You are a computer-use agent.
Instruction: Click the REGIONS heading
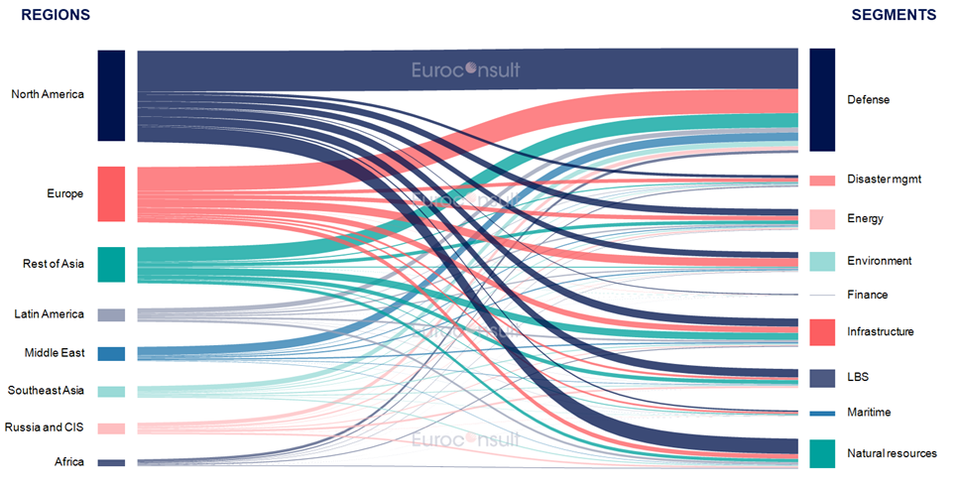pos(56,15)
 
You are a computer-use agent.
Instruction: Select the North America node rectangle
pos(111,95)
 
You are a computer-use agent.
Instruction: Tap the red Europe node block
pos(111,194)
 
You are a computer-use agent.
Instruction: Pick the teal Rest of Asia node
pos(111,265)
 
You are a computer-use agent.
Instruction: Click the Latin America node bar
pos(111,314)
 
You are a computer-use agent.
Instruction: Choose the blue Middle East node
pos(111,353)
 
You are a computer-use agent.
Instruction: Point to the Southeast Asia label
pos(47,391)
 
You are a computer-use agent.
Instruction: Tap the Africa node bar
pos(111,462)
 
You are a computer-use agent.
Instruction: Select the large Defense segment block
pos(822,99)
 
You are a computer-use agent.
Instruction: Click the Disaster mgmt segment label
pos(883,180)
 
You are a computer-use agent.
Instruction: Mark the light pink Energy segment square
pos(822,219)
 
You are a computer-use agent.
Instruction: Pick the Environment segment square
pos(822,261)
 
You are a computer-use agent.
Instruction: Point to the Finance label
pos(867,296)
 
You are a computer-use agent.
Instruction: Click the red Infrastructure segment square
pos(822,332)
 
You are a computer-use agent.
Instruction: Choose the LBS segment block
pos(822,378)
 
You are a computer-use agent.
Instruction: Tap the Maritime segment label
pos(869,413)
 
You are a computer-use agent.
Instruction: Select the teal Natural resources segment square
pos(822,453)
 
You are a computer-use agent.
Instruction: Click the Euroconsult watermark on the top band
pos(466,69)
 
